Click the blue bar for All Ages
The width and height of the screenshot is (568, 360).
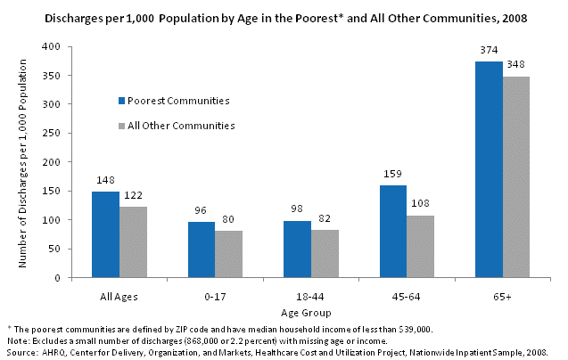click(105, 234)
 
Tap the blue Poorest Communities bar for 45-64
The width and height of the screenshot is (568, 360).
click(393, 231)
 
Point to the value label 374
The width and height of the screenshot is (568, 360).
click(489, 52)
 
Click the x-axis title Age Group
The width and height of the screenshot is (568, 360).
click(304, 313)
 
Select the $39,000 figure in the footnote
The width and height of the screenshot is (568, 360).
click(414, 329)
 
